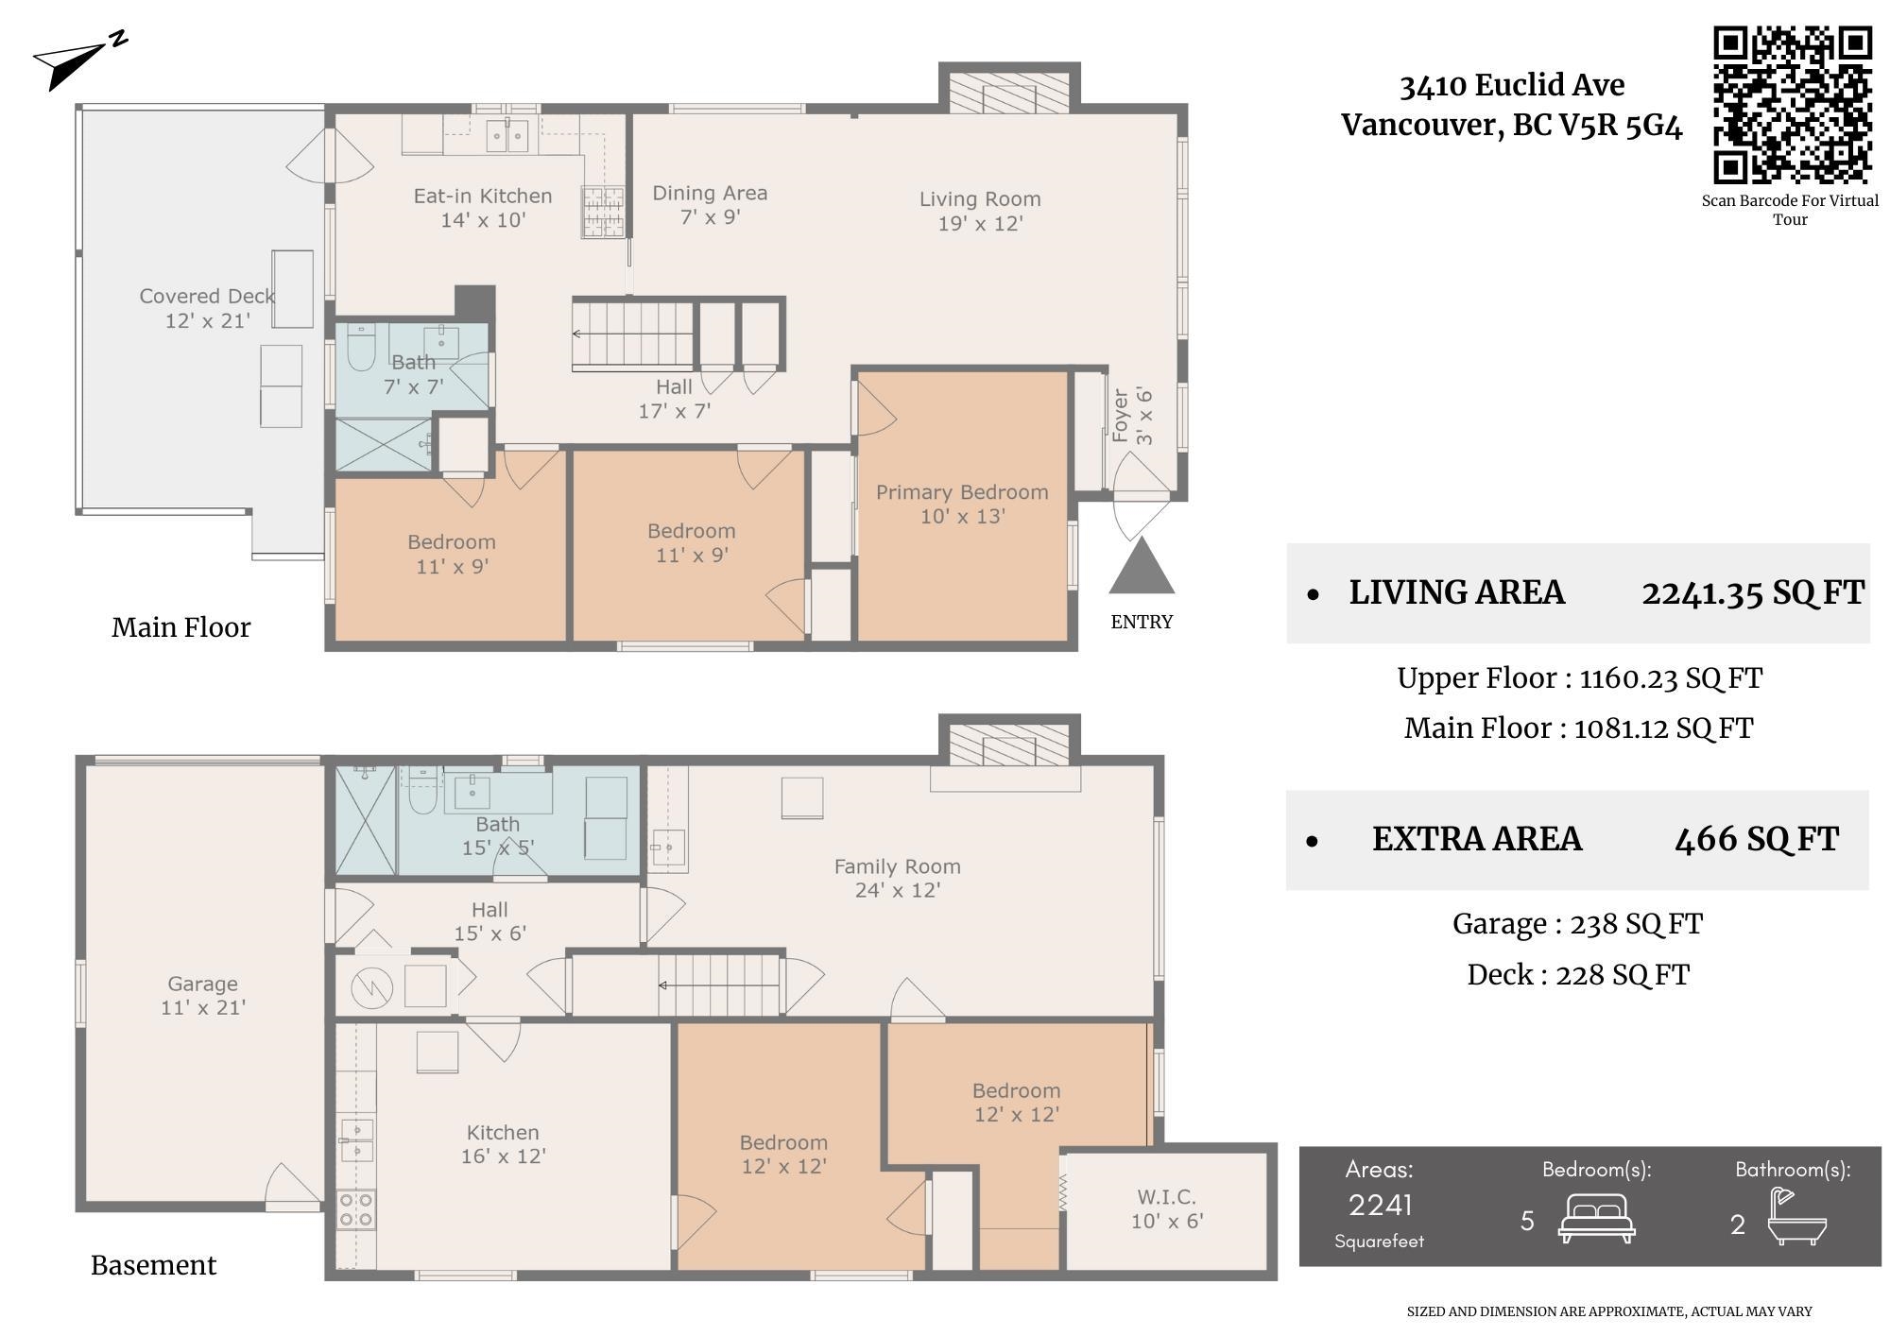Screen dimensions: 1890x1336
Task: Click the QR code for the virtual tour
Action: (1793, 105)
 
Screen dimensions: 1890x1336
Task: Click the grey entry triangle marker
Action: (1142, 565)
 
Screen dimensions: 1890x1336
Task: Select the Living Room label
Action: (980, 211)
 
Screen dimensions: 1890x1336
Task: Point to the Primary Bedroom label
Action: (962, 504)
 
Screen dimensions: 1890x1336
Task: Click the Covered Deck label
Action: (207, 308)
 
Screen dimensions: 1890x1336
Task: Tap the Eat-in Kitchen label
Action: (483, 208)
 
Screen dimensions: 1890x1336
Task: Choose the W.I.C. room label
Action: (1167, 1209)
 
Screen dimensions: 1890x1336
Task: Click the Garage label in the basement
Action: (203, 996)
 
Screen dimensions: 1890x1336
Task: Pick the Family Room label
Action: (898, 878)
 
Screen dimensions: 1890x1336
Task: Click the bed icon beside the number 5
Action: (1597, 1219)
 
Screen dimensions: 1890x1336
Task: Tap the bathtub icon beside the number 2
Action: (1797, 1217)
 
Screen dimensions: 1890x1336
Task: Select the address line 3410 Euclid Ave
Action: (1512, 85)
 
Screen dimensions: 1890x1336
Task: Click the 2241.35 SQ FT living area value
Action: (1753, 592)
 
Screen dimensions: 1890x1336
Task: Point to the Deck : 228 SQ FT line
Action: (1578, 974)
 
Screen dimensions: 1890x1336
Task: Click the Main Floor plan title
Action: (181, 627)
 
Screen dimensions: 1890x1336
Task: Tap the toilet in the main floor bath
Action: (361, 348)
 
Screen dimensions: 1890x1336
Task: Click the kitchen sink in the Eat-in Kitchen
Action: (507, 135)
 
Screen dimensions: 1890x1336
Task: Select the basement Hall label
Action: (490, 921)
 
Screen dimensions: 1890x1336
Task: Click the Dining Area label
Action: (710, 204)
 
